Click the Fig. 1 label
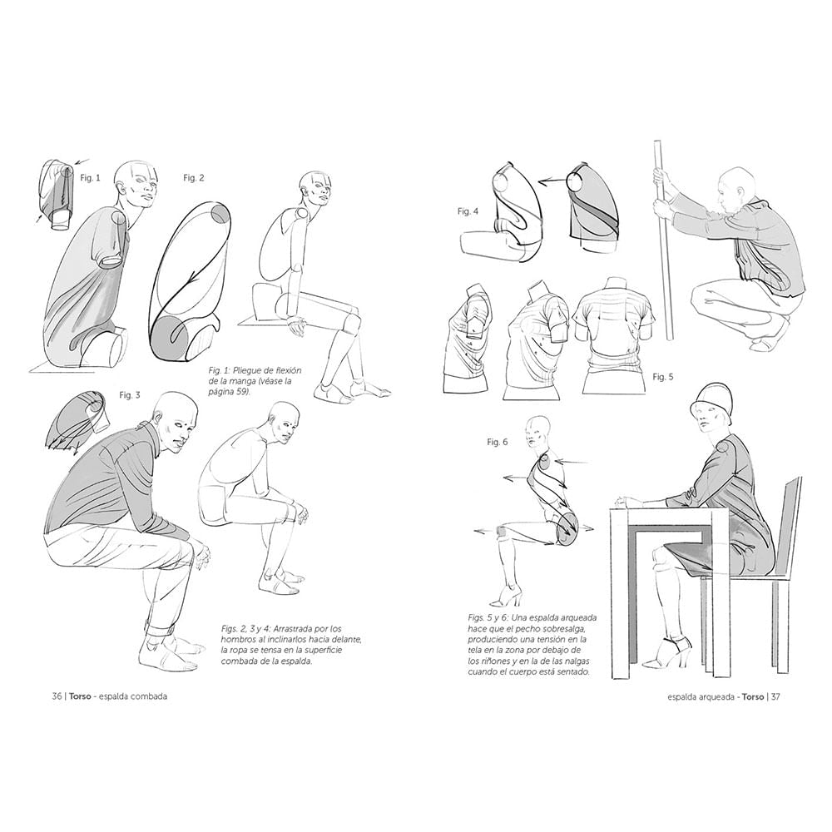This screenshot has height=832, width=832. tap(90, 178)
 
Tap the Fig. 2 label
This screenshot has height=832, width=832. tap(193, 178)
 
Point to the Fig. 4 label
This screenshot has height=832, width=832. tap(468, 211)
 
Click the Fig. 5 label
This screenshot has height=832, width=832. tap(663, 377)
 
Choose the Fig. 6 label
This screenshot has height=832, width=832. tap(498, 442)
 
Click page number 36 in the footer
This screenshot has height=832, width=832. tap(57, 696)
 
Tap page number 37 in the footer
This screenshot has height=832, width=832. tap(775, 696)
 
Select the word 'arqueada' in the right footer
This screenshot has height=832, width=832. tap(712, 696)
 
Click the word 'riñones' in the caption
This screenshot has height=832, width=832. tap(497, 661)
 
